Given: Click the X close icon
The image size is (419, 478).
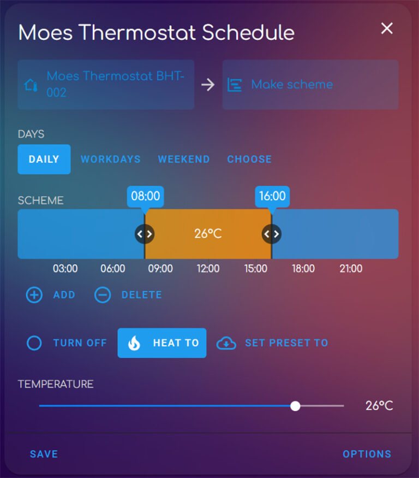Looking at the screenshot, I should tap(387, 28).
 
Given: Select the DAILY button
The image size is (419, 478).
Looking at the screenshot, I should tap(44, 160).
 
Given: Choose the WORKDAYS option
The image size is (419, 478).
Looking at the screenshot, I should tap(111, 160).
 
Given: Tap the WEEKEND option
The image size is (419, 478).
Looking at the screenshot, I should tap(184, 160).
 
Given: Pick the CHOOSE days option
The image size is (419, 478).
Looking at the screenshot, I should tap(249, 160).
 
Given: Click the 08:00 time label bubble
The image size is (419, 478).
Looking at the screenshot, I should tap(146, 196).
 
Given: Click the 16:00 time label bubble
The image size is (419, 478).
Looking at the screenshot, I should tap(272, 196).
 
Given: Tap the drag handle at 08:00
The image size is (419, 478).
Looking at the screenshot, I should tap(145, 234).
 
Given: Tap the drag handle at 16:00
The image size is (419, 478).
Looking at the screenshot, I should tap(272, 234).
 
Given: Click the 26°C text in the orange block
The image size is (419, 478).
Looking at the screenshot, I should tap(208, 234).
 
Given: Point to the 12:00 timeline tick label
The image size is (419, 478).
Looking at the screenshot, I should tap(208, 269).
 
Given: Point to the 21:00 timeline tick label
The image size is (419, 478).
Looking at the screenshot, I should tap(351, 269).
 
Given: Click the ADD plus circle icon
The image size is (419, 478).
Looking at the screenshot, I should tap(34, 295).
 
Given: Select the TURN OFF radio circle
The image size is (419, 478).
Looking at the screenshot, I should tap(34, 343).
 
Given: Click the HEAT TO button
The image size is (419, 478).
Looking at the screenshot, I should tap(162, 343).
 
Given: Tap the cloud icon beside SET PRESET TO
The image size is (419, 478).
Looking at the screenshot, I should tap(226, 343).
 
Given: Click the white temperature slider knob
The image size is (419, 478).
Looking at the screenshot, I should tap(295, 406).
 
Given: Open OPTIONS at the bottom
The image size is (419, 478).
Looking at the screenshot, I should tap(367, 454).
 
